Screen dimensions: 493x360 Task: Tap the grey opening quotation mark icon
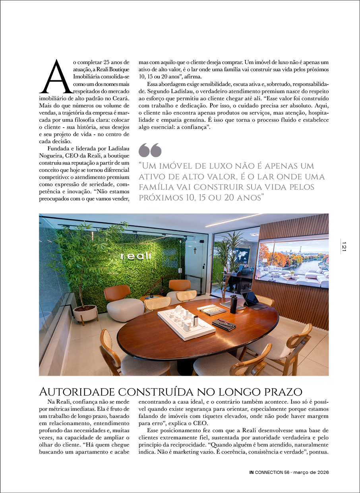150,150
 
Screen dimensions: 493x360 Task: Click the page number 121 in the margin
344,246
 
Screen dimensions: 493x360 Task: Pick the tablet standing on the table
250,299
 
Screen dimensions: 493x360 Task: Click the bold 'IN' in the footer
252,472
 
